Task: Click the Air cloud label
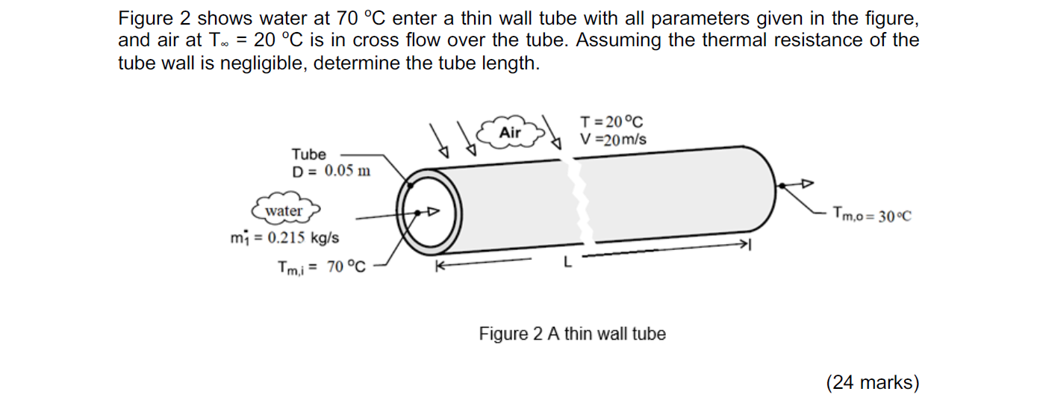click(511, 132)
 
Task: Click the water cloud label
click(284, 211)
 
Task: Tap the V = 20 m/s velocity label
click(614, 140)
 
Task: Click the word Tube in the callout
click(308, 154)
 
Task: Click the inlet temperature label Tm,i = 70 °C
click(322, 266)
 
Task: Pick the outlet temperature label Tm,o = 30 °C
click(872, 216)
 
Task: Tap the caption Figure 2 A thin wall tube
click(572, 334)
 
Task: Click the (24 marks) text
click(872, 383)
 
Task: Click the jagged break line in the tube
click(576, 209)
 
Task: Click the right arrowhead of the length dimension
click(742, 245)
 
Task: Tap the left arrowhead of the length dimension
click(440, 265)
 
